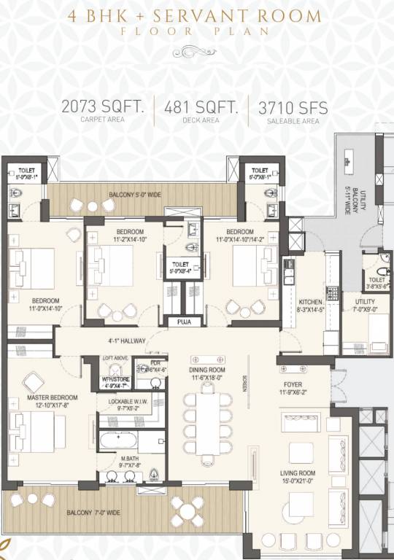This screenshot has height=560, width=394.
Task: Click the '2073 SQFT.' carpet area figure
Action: [103, 108]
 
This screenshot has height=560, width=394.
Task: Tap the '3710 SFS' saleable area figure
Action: [293, 108]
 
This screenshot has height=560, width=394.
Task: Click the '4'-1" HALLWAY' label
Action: [128, 341]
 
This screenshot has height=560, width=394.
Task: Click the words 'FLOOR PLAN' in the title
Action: [196, 31]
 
